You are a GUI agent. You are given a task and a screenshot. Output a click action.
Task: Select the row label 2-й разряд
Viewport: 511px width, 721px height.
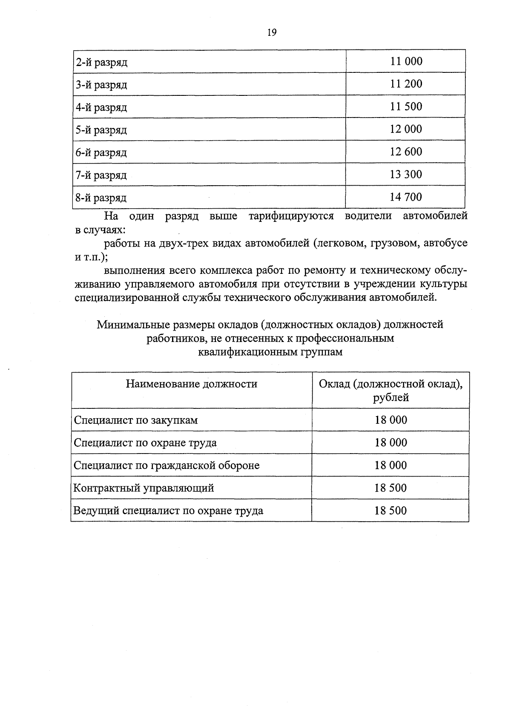pos(101,63)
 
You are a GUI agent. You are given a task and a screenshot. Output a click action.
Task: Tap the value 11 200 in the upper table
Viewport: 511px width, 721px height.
pos(406,84)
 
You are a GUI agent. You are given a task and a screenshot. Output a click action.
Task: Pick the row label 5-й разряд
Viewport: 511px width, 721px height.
pos(101,130)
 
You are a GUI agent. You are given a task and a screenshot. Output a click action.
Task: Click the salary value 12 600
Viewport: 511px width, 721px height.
pos(406,152)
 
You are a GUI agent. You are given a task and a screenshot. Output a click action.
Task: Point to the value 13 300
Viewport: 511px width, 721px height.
pos(406,174)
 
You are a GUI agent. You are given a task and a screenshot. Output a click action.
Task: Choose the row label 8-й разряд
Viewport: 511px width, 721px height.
pos(101,198)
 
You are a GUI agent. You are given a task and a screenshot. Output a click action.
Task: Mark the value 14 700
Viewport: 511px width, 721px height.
pos(406,197)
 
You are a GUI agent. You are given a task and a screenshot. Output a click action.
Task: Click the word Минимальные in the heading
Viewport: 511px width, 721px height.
pos(130,325)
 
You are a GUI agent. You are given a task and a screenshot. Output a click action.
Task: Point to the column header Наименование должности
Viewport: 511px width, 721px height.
pos(192,384)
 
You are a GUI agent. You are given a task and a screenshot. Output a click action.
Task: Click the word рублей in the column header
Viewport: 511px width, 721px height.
pos(391,398)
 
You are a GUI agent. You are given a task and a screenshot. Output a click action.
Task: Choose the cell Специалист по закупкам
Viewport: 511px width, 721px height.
pos(136,420)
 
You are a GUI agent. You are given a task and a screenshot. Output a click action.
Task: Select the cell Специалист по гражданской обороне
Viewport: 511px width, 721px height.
pos(167,465)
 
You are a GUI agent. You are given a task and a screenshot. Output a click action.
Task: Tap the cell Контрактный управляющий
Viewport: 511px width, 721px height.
pos(144,488)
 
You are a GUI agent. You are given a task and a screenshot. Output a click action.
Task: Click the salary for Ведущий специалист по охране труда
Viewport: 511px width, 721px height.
pos(390,510)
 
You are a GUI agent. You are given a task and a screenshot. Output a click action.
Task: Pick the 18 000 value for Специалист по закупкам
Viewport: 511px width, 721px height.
pos(390,420)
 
